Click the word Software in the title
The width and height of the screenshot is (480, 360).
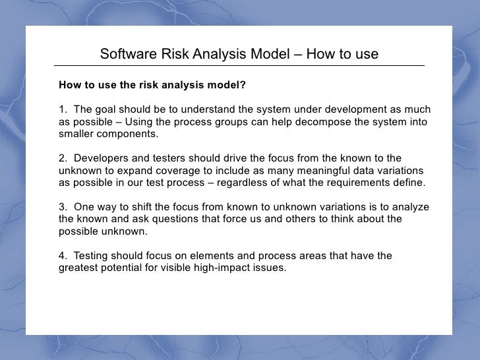pyautogui.click(x=127, y=53)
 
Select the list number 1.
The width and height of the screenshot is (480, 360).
pyautogui.click(x=62, y=109)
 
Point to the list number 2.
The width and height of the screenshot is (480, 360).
pyautogui.click(x=62, y=158)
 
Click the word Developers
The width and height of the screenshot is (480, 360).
pyautogui.click(x=102, y=158)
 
